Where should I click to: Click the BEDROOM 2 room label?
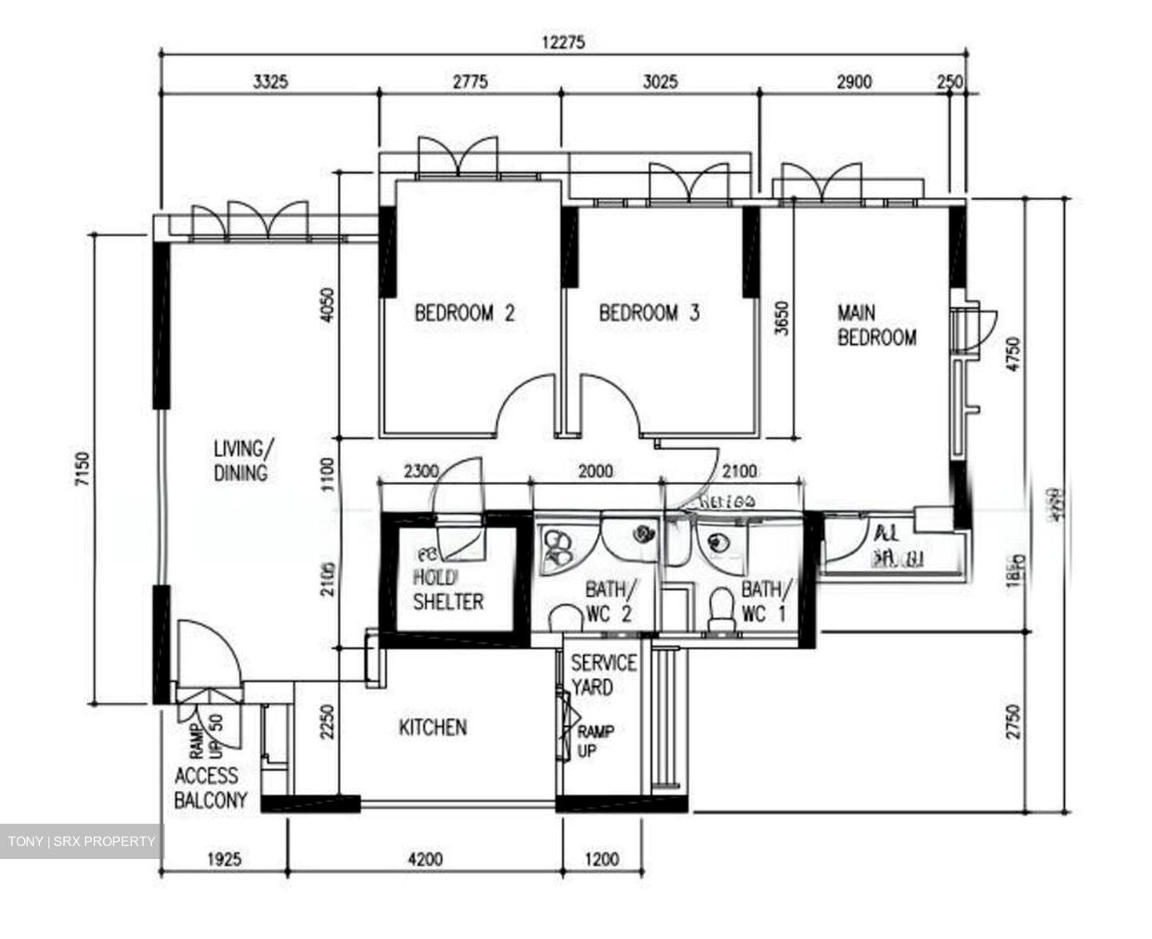click(464, 313)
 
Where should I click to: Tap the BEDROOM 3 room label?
click(649, 313)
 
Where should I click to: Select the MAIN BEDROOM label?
click(876, 325)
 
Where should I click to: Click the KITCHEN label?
click(433, 728)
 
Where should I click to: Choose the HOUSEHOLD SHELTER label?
click(448, 589)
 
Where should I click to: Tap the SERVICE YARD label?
click(604, 675)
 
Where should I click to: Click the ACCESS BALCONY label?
click(210, 788)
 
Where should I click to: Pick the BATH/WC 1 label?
click(766, 602)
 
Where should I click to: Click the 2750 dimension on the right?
click(1014, 722)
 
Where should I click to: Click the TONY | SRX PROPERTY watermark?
click(82, 841)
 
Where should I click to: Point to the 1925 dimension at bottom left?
click(224, 861)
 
